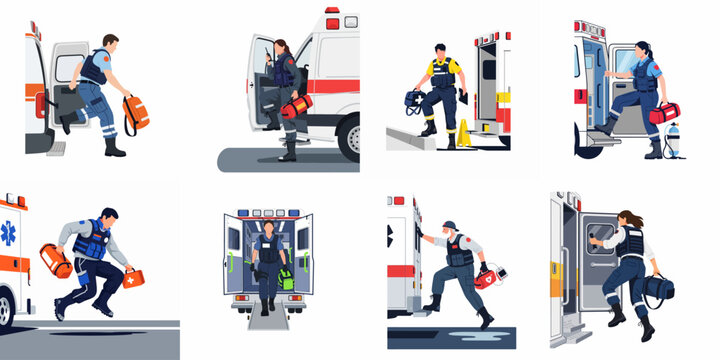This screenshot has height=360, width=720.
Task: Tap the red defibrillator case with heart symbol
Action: pyautogui.click(x=487, y=277)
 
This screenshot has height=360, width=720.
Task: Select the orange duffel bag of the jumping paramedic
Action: pyautogui.click(x=56, y=262)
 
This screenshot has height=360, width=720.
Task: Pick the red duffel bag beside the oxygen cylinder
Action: pyautogui.click(x=663, y=113)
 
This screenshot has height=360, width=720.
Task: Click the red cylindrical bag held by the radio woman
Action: pyautogui.click(x=297, y=105)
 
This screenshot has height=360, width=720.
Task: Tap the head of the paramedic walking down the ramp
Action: pyautogui.click(x=269, y=227)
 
